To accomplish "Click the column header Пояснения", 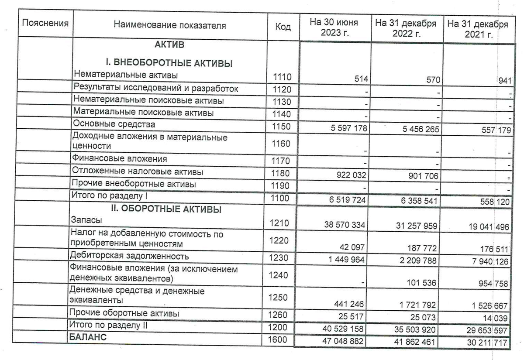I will point(45,23).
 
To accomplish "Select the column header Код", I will point(283,27).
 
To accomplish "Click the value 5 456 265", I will point(417,129).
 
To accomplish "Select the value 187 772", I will point(424,249).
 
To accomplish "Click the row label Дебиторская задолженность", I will point(131,256).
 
